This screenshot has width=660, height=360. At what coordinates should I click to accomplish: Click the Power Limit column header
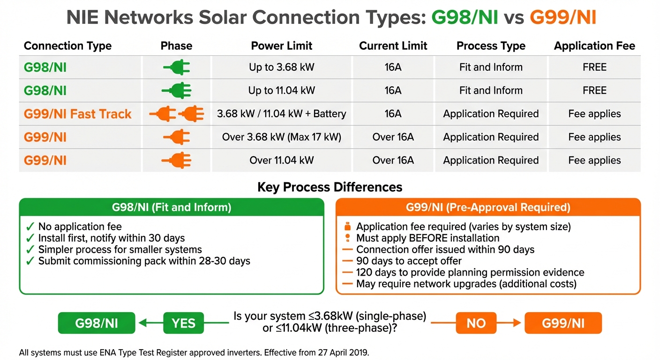pos(281,46)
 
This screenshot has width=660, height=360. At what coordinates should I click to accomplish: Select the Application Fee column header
pos(594,46)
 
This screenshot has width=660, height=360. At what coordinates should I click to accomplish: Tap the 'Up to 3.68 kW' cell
pos(281,67)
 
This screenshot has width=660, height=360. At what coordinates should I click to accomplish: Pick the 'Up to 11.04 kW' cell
pos(281,90)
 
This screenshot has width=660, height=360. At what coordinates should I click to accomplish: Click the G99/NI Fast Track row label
pos(77,114)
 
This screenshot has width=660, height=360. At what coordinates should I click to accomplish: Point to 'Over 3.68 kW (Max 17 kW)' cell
pos(281,137)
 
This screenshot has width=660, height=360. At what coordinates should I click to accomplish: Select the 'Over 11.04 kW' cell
pos(281,160)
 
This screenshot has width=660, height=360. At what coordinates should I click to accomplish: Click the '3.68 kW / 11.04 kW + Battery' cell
pos(281,114)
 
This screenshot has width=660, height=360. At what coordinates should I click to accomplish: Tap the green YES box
pos(183,323)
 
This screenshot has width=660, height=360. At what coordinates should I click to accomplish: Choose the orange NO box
pos(476,323)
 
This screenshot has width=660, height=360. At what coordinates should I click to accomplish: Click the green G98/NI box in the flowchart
pos(97,323)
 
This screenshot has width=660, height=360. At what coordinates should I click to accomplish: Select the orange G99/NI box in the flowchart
pos(563,323)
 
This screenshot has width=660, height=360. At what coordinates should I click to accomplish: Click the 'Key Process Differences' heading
pos(330,187)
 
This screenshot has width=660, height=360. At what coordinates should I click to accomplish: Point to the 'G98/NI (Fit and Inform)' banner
pos(172,207)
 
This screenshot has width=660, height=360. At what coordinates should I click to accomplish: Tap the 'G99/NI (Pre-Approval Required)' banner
pos(488,207)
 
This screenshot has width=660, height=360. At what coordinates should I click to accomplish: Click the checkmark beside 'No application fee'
pos(30,227)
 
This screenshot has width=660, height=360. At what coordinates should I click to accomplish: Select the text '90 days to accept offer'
pos(409,261)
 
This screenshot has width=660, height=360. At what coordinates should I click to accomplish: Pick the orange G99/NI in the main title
pos(563,18)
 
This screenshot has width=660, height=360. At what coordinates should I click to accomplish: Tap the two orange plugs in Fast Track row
pos(177,114)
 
